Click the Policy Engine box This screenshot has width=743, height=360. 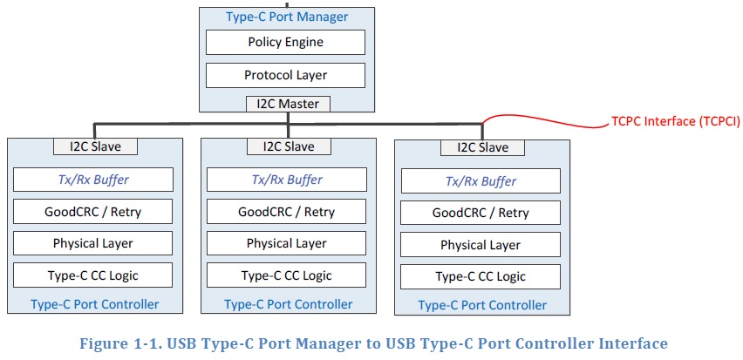(x=286, y=42)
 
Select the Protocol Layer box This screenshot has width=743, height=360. (x=286, y=75)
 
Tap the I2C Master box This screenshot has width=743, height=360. (x=286, y=104)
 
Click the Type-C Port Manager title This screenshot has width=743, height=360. (x=286, y=17)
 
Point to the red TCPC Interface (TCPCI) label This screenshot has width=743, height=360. (x=675, y=122)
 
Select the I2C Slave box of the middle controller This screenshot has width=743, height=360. (x=287, y=146)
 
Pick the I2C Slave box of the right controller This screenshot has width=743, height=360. (x=481, y=147)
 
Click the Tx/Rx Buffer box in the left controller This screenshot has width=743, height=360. (x=93, y=180)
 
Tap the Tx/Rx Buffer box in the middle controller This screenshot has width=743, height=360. (x=287, y=180)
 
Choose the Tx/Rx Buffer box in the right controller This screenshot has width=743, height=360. (x=481, y=181)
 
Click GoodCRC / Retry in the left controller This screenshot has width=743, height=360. (x=93, y=212)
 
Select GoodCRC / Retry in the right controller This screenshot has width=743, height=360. (x=481, y=213)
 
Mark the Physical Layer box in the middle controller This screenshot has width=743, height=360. (x=287, y=243)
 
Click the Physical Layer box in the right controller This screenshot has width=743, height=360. (x=481, y=245)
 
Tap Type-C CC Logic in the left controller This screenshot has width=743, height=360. (x=93, y=275)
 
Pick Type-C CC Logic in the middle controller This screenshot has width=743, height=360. (x=287, y=275)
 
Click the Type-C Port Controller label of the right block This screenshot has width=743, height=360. (x=482, y=305)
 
